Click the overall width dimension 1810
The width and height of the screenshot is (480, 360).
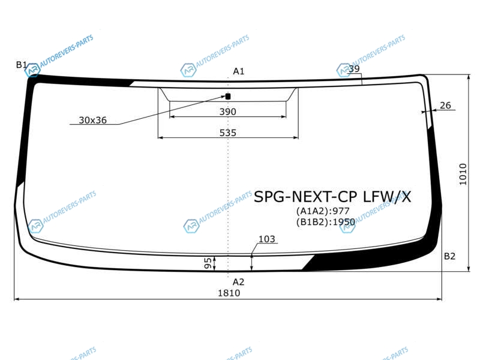click(229, 293)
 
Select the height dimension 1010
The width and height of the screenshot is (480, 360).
click(463, 174)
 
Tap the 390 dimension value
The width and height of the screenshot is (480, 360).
click(228, 112)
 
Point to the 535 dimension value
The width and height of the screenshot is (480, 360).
click(228, 133)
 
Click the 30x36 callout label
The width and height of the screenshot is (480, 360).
click(93, 120)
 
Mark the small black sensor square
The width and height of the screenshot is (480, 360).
click(228, 97)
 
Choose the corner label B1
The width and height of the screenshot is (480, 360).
click(22, 65)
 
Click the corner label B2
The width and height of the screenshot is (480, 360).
click(449, 256)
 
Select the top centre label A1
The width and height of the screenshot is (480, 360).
click(239, 71)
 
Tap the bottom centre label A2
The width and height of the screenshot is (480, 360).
click(238, 282)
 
